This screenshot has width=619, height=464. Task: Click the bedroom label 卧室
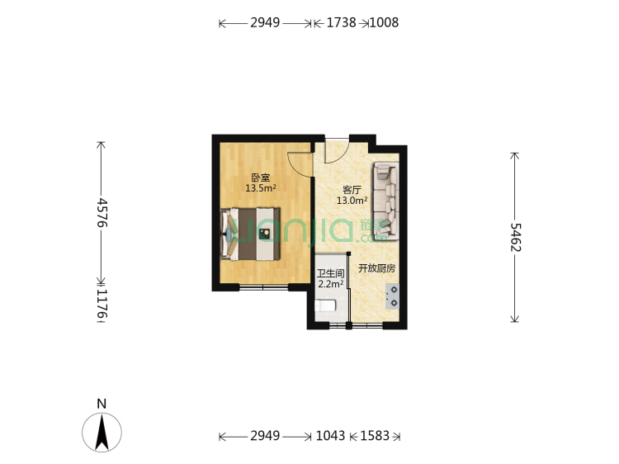click(x=260, y=177)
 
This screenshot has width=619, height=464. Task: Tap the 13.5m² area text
click(x=260, y=188)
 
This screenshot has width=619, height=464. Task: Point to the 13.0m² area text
click(x=352, y=201)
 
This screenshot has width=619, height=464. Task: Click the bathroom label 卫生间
click(x=330, y=273)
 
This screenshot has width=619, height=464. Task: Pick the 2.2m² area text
click(x=330, y=285)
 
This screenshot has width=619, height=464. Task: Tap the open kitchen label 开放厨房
click(x=376, y=268)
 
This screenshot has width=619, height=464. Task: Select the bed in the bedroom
click(x=256, y=234)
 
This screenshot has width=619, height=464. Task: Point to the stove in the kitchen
click(x=392, y=296)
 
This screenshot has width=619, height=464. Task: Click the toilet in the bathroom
click(x=326, y=307)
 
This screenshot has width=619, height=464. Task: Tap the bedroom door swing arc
click(x=299, y=163)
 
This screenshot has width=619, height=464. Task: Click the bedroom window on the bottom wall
click(x=263, y=287)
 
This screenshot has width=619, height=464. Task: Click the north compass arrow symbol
click(x=102, y=430)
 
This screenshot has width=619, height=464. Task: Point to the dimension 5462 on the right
click(x=515, y=238)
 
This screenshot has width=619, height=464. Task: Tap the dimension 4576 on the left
click(x=102, y=212)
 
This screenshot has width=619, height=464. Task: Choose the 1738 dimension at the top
click(x=341, y=23)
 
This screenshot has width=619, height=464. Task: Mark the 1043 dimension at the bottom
click(x=330, y=435)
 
